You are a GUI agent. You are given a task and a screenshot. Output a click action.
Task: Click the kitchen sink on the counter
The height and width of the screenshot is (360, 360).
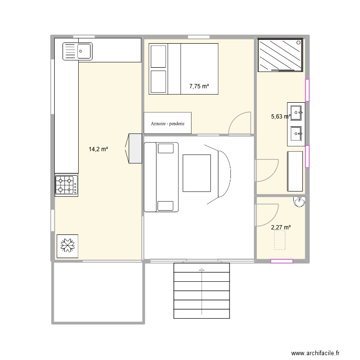click(x=77, y=50)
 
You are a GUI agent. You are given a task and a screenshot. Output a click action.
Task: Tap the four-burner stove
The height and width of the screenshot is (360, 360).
click(x=66, y=185)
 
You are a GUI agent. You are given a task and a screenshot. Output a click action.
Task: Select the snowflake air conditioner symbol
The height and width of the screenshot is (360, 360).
click(x=67, y=246)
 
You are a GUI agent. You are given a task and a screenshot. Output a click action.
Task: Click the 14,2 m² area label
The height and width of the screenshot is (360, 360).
click(x=98, y=149)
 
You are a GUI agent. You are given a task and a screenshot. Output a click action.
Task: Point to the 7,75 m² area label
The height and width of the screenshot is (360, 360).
click(x=199, y=86)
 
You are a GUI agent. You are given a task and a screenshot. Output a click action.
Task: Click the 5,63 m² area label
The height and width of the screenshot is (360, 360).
click(x=280, y=116)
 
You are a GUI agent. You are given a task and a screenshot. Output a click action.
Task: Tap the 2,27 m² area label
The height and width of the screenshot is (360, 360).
click(x=281, y=228)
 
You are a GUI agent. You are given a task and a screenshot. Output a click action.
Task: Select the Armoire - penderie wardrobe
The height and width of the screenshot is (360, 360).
click(x=168, y=123)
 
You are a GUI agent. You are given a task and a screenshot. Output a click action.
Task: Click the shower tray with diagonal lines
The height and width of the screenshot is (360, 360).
click(x=281, y=55)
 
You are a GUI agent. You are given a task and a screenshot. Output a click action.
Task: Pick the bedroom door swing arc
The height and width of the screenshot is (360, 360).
click(x=240, y=122)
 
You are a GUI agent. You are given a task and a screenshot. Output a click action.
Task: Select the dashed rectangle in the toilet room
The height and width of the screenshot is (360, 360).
click(x=280, y=240)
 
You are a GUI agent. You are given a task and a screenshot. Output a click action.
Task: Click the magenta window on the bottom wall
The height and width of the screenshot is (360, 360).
click(x=282, y=261)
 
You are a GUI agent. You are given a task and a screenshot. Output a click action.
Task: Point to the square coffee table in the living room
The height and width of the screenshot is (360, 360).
click(x=196, y=173)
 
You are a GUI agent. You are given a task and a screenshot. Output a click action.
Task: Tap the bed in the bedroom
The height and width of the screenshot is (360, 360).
click(x=183, y=68)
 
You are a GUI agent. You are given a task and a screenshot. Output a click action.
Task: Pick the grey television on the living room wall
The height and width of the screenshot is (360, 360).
click(x=134, y=148)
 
